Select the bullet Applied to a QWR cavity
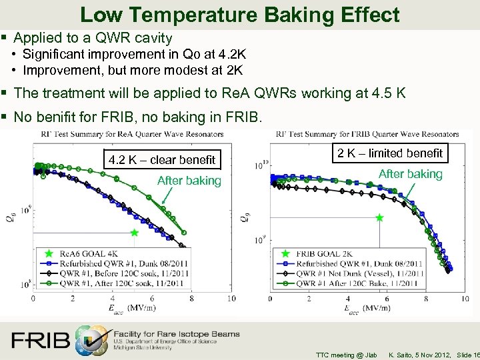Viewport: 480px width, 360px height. [x=93, y=38]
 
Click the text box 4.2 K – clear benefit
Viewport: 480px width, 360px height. [x=162, y=159]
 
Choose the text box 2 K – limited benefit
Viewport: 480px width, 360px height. [x=389, y=153]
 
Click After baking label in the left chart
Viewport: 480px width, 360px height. [x=189, y=181]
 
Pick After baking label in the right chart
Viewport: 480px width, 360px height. [x=410, y=174]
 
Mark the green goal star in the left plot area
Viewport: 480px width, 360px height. [x=135, y=233]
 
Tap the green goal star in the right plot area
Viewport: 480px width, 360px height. [x=379, y=217]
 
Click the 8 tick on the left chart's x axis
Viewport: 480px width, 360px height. [x=192, y=299]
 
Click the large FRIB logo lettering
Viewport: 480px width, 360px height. [x=40, y=340]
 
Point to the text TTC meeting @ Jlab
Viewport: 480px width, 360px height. [x=346, y=354]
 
